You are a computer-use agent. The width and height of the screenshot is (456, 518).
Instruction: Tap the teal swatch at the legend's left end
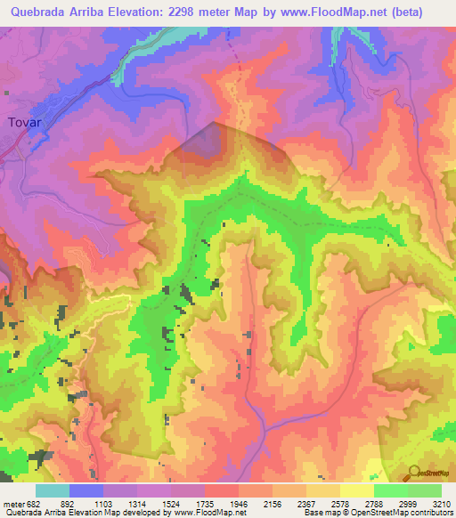(52, 490)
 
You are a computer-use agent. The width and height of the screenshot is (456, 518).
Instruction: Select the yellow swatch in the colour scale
(356, 490)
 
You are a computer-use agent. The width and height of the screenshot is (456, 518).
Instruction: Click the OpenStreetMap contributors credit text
(405, 512)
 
